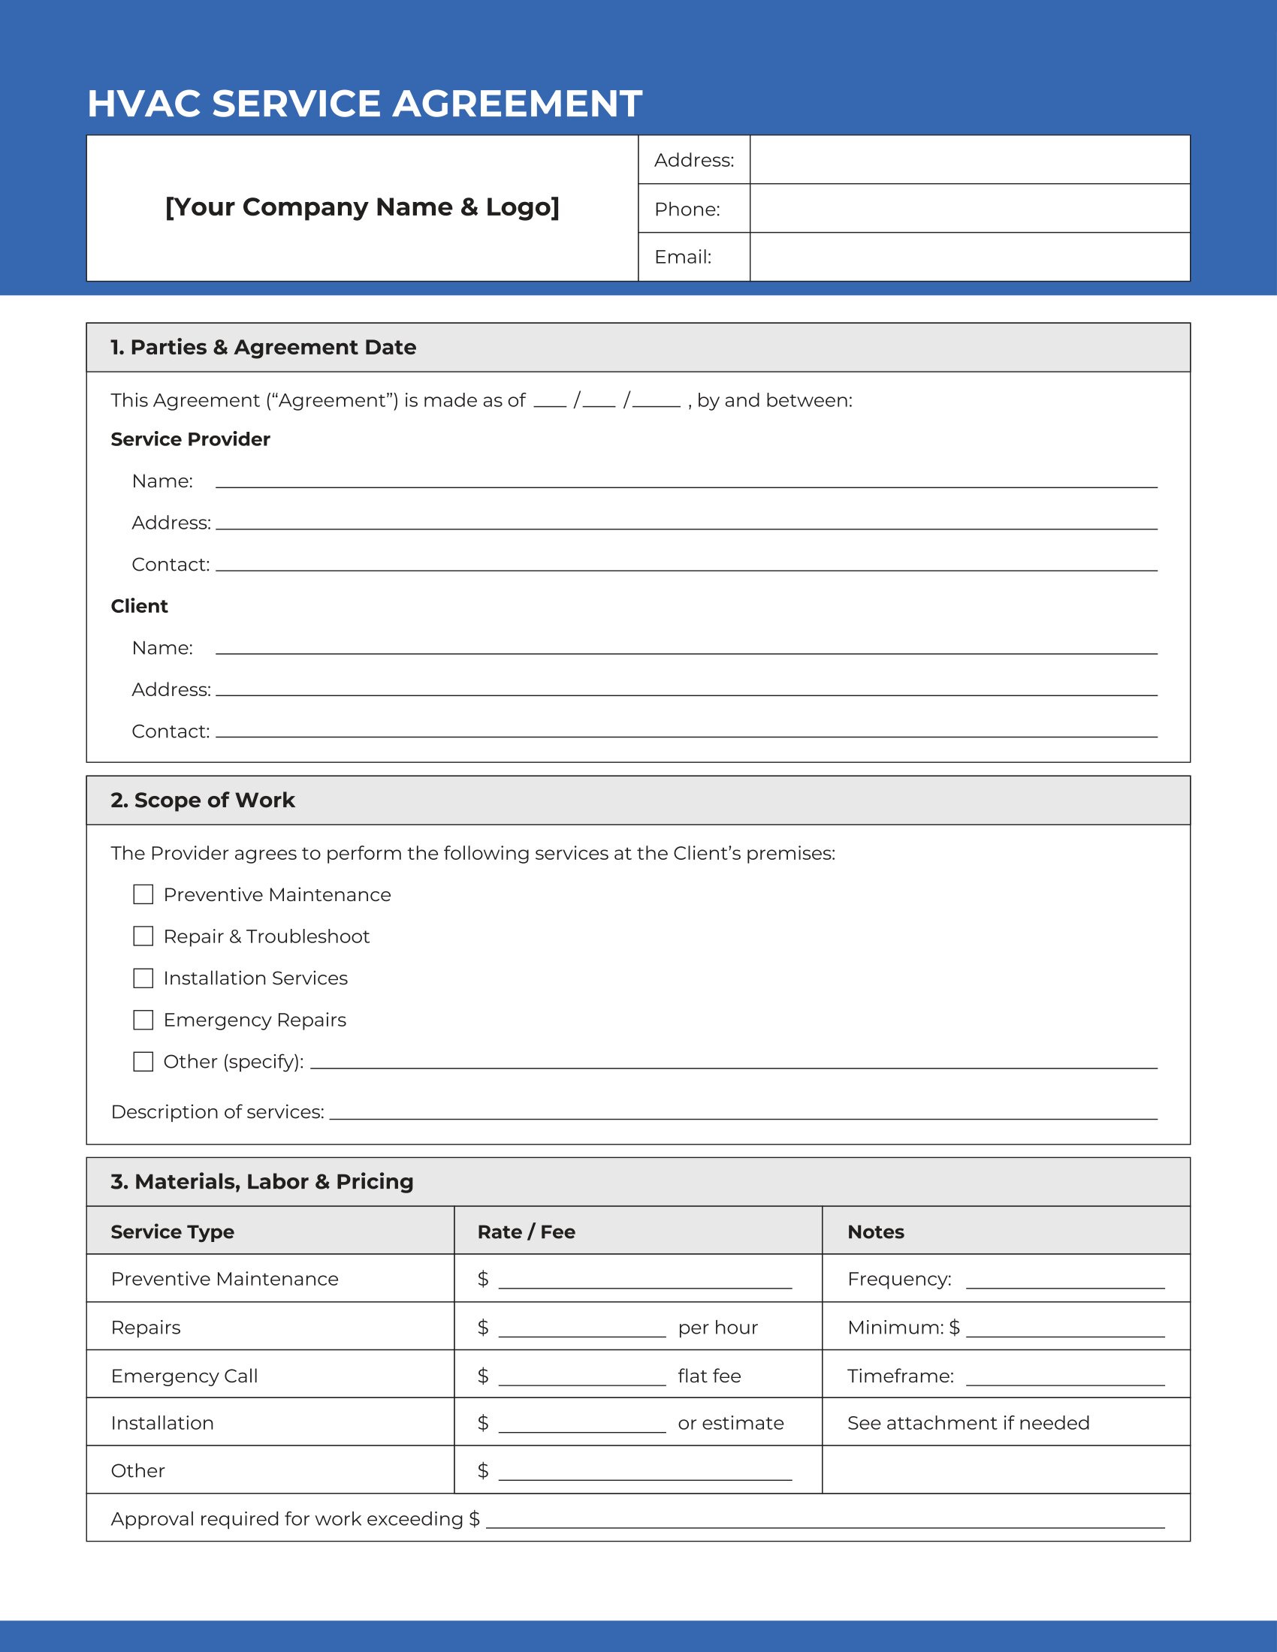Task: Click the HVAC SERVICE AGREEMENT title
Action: (364, 104)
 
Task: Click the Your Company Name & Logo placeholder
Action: (362, 207)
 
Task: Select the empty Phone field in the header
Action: (969, 209)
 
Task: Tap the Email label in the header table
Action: (682, 257)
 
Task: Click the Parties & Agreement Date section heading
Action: (263, 347)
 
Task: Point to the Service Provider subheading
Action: (190, 439)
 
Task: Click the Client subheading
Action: (139, 606)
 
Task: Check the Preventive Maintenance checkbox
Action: (143, 895)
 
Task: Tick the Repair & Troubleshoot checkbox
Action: (143, 936)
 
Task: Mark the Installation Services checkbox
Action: (143, 978)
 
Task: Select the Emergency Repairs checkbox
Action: (143, 1020)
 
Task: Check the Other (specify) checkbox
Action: (143, 1061)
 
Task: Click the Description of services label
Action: (217, 1112)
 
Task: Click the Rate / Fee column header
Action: (526, 1232)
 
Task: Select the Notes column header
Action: (875, 1232)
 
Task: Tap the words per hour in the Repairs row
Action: (717, 1328)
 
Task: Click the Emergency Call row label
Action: (184, 1376)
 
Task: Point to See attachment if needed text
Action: (968, 1423)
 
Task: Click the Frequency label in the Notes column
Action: (898, 1279)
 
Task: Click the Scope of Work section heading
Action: (203, 800)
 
